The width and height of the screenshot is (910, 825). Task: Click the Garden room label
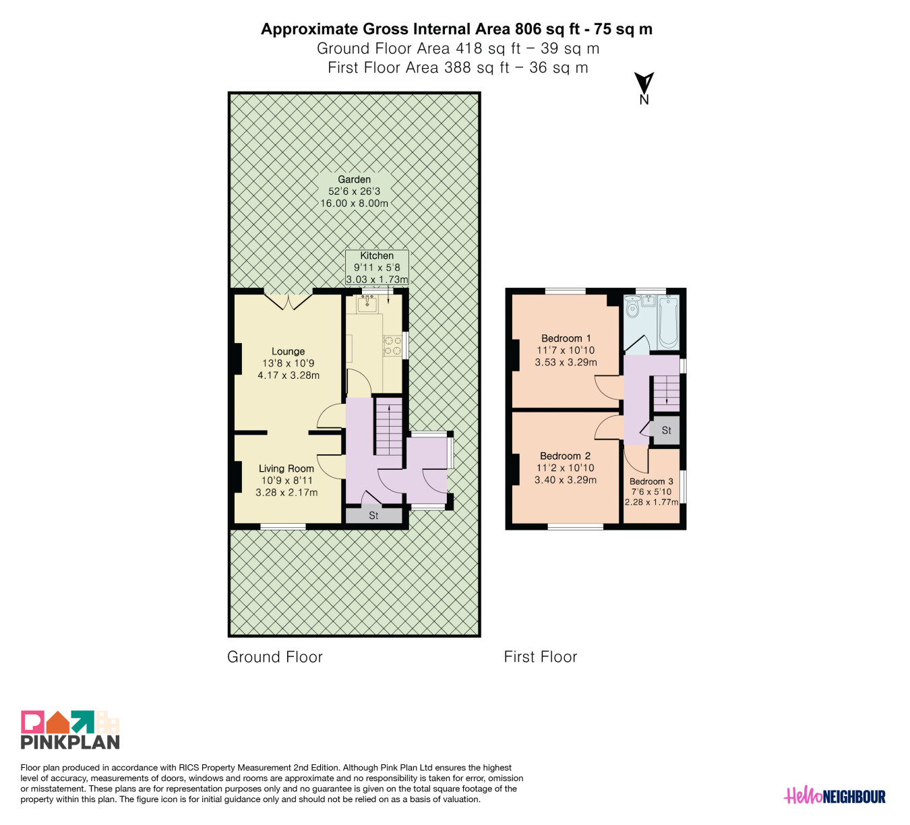pyautogui.click(x=355, y=191)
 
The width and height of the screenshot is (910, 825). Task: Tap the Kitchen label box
pyautogui.click(x=377, y=268)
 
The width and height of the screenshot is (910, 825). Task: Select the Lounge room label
pyautogui.click(x=288, y=363)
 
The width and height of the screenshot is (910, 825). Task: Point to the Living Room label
pyautogui.click(x=286, y=480)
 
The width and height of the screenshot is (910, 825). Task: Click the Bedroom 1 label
pyautogui.click(x=566, y=350)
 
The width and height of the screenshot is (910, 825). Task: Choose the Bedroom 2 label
pyautogui.click(x=566, y=467)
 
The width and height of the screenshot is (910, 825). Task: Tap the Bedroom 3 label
pyautogui.click(x=651, y=491)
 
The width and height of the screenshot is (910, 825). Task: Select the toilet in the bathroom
pyautogui.click(x=632, y=307)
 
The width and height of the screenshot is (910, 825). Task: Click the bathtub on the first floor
pyautogui.click(x=668, y=322)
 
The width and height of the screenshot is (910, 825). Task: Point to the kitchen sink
pyautogui.click(x=367, y=303)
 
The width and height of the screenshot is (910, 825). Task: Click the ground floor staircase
pyautogui.click(x=389, y=427)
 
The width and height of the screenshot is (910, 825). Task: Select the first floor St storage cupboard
pyautogui.click(x=665, y=430)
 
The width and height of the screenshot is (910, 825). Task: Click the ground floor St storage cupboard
pyautogui.click(x=374, y=516)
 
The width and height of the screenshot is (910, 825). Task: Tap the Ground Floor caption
pyautogui.click(x=275, y=657)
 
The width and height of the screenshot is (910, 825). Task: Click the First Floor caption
pyautogui.click(x=541, y=657)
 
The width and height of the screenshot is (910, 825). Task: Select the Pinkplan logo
pyautogui.click(x=70, y=729)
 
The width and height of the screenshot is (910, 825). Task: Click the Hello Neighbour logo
pyautogui.click(x=835, y=796)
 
